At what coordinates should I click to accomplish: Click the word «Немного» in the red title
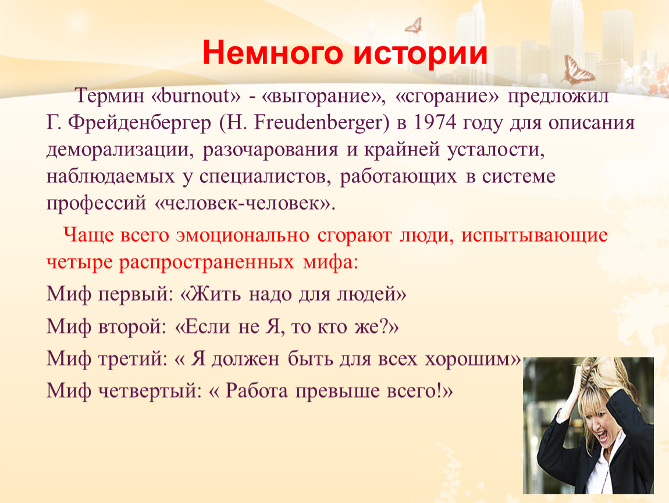pos(273,54)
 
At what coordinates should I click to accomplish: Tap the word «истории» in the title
pos(420,54)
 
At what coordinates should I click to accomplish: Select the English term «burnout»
pos(196,95)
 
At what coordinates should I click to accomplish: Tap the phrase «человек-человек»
pos(243,203)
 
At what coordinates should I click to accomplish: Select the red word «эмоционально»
pos(243,236)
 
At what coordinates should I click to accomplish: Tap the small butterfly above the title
pos(414,25)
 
